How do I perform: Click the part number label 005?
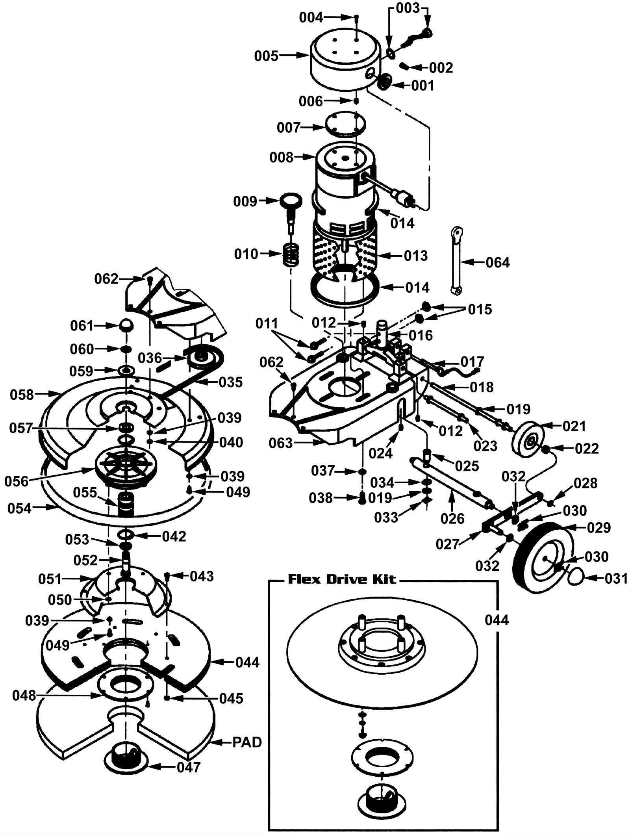(266, 56)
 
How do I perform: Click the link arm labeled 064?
(456, 260)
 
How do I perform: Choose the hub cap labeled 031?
(576, 577)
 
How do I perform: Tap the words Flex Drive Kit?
(342, 579)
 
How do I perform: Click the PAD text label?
(247, 742)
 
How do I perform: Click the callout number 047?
(189, 767)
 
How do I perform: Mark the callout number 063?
(281, 443)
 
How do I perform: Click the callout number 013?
(416, 256)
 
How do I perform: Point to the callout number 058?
(22, 394)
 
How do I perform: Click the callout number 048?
(24, 696)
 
